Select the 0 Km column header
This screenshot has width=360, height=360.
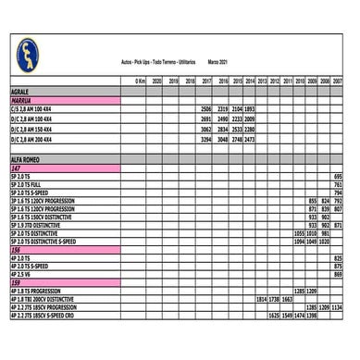[x=140, y=81]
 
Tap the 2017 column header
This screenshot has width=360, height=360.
[x=206, y=81]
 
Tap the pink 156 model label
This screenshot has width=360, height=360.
[x=16, y=250]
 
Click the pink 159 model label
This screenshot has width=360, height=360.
[x=16, y=282]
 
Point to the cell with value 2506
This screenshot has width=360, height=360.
[x=206, y=108]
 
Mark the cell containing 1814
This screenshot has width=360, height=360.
[x=261, y=299]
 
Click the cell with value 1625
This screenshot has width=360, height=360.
[x=274, y=315]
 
